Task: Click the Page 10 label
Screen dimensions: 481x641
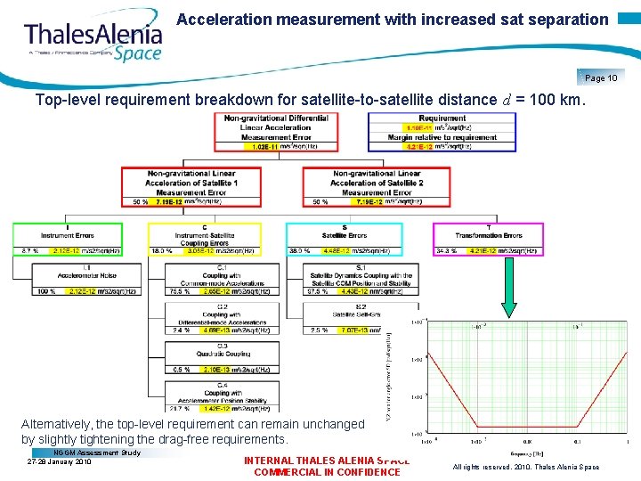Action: [601, 77]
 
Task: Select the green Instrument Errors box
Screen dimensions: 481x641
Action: [67, 239]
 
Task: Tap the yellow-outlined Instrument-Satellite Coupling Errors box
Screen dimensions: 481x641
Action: [205, 239]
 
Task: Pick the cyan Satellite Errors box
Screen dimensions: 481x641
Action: [344, 239]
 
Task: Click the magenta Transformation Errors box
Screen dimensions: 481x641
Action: [487, 239]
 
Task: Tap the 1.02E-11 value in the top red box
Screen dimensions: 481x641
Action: [243, 147]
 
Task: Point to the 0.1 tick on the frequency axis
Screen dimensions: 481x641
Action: [578, 440]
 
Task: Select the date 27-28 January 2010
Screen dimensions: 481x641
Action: [60, 462]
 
